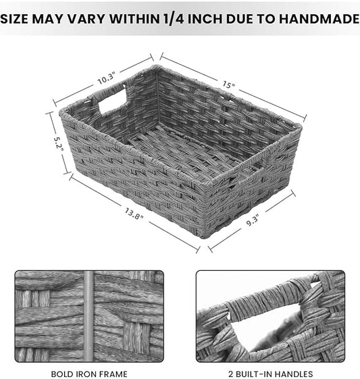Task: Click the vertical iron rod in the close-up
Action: click(89, 315)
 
